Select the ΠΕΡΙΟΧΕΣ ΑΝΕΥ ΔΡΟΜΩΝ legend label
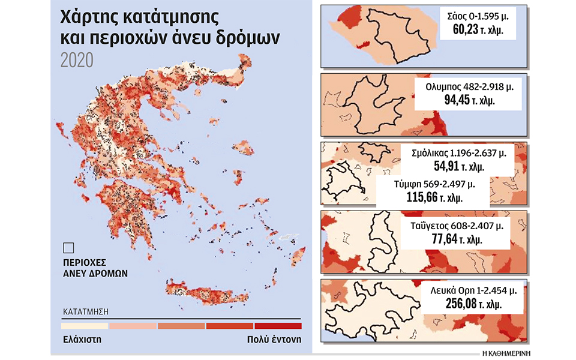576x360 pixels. (95, 268)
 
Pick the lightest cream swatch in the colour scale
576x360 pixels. (85, 326)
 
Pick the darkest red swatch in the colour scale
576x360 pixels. (278, 326)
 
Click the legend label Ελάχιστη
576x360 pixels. (82, 339)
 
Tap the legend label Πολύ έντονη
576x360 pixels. (274, 339)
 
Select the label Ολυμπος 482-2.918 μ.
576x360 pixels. (466, 87)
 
